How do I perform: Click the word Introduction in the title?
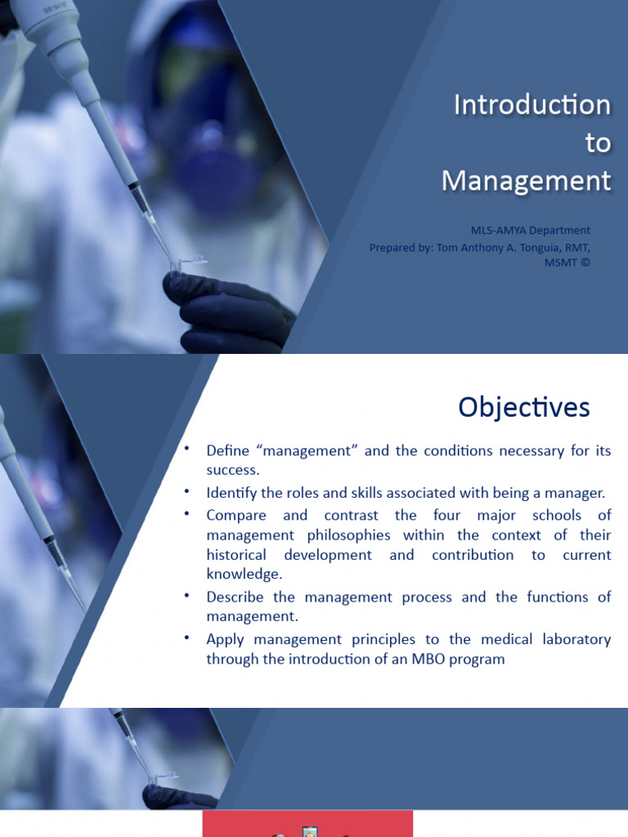pyautogui.click(x=532, y=105)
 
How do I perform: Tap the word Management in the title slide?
pyautogui.click(x=526, y=181)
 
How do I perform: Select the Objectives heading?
pyautogui.click(x=523, y=407)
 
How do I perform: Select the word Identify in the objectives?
pyautogui.click(x=231, y=492)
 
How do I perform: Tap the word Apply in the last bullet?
pyautogui.click(x=224, y=639)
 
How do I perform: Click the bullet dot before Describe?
pyautogui.click(x=186, y=595)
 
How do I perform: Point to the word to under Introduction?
pyautogui.click(x=598, y=142)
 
